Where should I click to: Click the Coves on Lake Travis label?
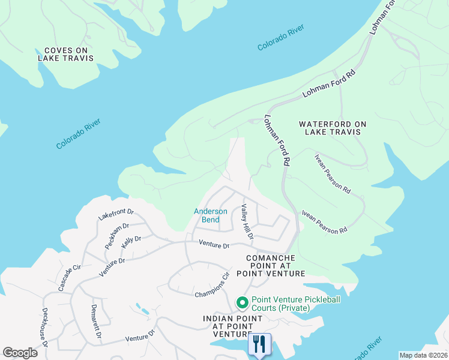coord(66,53)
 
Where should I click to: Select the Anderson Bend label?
coord(210,215)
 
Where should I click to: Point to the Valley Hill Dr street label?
coord(247,221)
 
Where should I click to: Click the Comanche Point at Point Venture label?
coord(271,265)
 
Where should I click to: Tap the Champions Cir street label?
coord(212,285)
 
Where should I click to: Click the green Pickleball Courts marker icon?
coord(243,302)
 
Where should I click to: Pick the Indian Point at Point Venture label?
coord(232,326)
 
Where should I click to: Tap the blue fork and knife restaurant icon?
coord(259,344)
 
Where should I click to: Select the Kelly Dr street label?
coord(131,242)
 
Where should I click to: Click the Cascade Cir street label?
coord(69,277)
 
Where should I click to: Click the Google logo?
coord(20,353)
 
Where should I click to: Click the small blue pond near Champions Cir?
coord(143,310)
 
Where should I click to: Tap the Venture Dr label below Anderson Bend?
coord(214,245)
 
